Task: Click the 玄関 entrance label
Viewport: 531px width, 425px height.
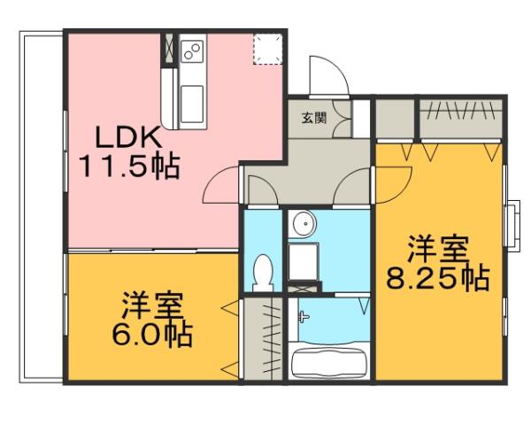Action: tap(312, 119)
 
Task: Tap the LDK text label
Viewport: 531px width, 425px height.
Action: tap(128, 138)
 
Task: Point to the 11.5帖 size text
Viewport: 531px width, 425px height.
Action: tap(128, 166)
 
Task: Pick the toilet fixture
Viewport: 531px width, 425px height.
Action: tap(262, 271)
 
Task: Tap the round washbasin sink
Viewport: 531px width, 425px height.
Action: tap(303, 224)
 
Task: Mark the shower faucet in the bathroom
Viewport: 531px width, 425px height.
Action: tap(304, 315)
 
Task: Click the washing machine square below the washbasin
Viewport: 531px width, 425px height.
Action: tap(303, 262)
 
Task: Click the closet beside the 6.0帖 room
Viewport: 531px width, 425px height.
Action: tap(262, 341)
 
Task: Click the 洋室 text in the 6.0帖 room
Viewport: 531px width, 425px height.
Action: tap(153, 306)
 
